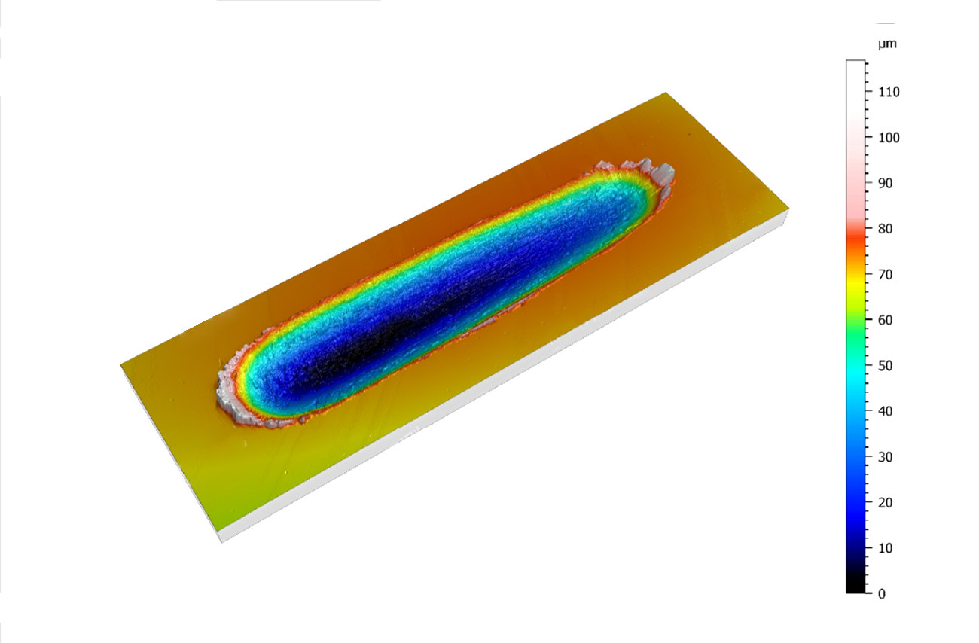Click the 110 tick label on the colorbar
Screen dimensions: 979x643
click(889, 92)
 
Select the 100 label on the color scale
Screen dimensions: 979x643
click(889, 138)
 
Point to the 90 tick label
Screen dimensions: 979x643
click(886, 183)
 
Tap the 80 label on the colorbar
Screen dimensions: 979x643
click(886, 228)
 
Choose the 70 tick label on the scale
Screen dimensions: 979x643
click(886, 274)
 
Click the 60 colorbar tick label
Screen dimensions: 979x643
click(886, 320)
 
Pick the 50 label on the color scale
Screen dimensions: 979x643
click(886, 366)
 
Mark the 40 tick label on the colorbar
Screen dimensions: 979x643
click(886, 411)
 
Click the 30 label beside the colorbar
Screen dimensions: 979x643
click(886, 457)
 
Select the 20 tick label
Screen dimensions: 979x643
click(886, 502)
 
